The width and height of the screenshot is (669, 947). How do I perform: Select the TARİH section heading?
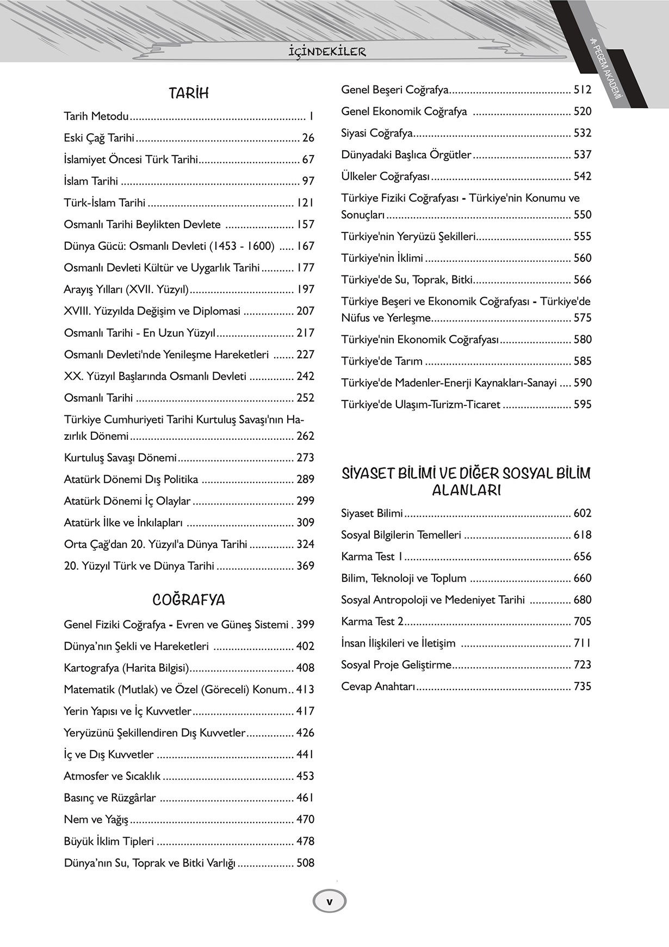click(189, 93)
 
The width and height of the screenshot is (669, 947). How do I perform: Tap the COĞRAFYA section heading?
click(189, 600)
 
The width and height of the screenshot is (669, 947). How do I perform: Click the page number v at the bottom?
click(329, 901)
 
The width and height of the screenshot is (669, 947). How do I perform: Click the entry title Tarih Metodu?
click(96, 116)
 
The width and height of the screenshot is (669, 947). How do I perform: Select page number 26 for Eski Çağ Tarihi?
click(308, 138)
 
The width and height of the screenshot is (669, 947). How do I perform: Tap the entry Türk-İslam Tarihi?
click(104, 203)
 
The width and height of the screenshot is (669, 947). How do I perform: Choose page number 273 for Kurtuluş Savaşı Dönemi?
click(305, 458)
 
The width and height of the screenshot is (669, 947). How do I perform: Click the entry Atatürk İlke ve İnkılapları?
click(123, 522)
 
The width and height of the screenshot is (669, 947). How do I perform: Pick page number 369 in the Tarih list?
click(305, 566)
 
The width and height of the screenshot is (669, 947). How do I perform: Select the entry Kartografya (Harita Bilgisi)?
click(126, 668)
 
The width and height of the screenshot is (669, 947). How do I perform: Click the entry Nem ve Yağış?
click(96, 820)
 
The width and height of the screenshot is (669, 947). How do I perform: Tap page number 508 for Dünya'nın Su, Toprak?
click(305, 863)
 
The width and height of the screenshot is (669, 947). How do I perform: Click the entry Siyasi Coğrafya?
click(377, 133)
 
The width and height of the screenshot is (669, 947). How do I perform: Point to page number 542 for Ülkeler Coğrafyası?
click(583, 176)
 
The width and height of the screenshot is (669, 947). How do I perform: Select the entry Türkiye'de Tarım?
click(382, 361)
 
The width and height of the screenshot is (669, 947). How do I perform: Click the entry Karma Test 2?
click(372, 622)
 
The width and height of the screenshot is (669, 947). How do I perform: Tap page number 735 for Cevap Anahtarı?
click(583, 686)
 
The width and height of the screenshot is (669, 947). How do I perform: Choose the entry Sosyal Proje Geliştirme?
click(397, 665)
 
